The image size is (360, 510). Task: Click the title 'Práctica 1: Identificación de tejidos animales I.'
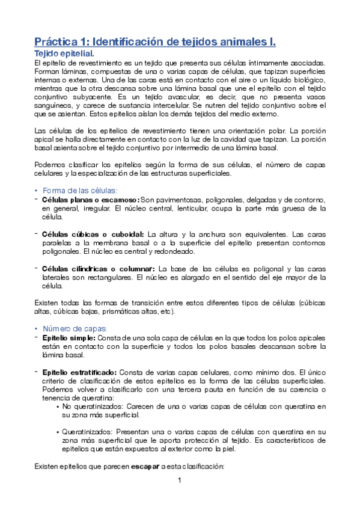coord(154,42)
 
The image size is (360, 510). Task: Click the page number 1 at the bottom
coord(179,481)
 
